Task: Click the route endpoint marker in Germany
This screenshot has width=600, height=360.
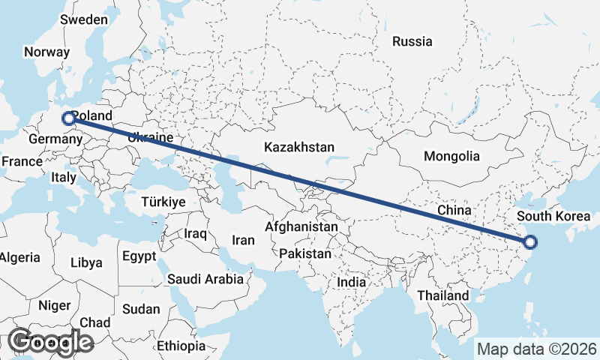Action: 68,118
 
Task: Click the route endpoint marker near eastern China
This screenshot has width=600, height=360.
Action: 530,241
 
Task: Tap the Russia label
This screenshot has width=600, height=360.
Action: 412,41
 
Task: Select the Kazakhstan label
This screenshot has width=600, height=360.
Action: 299,148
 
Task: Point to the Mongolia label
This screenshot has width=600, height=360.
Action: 451,157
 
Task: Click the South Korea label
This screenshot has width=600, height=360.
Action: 553,217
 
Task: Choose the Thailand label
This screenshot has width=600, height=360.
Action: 443,295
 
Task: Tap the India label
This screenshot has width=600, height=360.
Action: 351,282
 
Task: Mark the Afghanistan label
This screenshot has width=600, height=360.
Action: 301,226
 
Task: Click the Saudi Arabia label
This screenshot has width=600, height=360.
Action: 205,279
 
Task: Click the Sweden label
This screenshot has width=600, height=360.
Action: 84,19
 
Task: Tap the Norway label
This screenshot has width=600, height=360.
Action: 46,52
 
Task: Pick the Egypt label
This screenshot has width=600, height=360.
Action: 139,256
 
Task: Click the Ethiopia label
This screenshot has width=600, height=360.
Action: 181,346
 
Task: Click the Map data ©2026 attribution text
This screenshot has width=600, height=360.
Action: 537,349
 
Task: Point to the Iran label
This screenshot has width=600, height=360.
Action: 243,241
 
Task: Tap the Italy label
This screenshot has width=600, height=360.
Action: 64,178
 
